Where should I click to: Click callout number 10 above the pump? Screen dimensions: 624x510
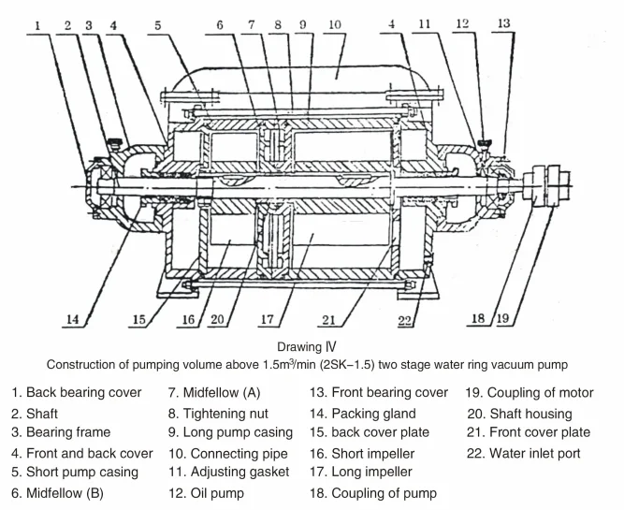click(335, 24)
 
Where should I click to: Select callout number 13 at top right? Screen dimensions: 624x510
click(503, 23)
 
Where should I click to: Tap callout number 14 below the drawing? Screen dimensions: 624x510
click(72, 319)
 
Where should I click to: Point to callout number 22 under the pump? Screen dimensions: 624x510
click(404, 320)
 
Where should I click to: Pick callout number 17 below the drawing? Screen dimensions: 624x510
click(268, 319)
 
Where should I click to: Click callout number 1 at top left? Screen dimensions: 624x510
click(37, 26)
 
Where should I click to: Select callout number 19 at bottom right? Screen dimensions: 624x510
click(502, 318)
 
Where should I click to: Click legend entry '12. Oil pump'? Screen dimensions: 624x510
click(206, 493)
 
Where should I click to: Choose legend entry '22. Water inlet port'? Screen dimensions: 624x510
click(523, 453)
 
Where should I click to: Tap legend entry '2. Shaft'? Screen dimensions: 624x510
click(35, 414)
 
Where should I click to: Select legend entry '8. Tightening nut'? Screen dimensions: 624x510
click(218, 414)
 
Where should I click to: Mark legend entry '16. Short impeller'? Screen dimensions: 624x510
click(362, 454)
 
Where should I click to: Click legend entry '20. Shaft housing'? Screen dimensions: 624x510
click(520, 414)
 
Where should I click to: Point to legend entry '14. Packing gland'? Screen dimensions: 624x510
click(363, 414)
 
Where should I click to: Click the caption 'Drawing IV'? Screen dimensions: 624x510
click(307, 347)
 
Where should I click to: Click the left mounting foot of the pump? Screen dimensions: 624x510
click(178, 287)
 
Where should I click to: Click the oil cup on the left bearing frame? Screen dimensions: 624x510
click(115, 143)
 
